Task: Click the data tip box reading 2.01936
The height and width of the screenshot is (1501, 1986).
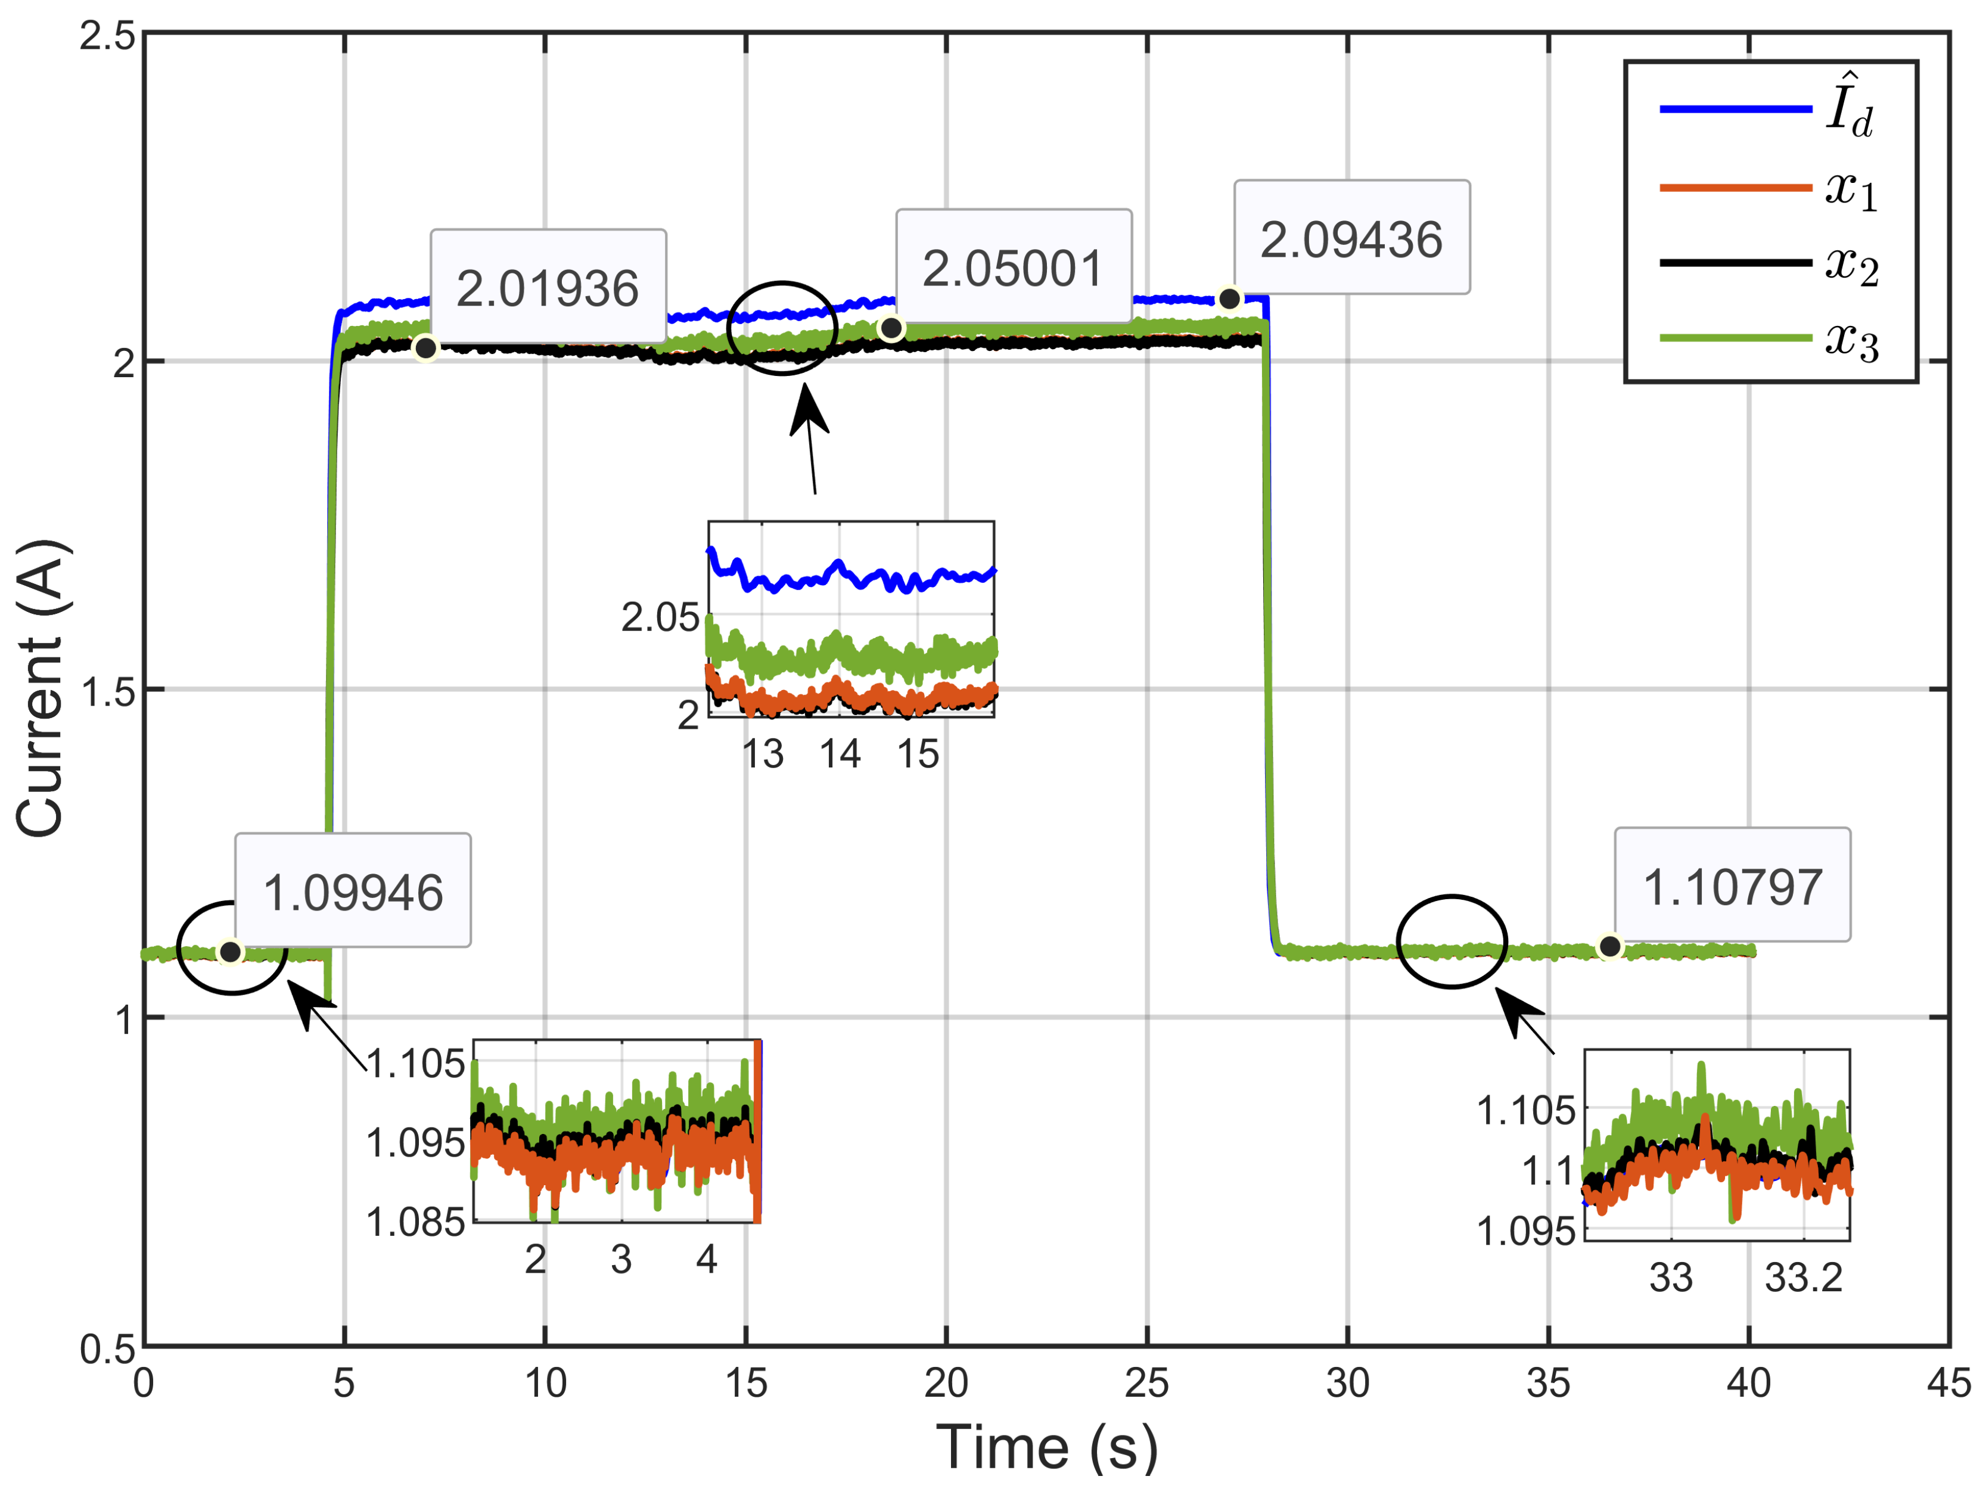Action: tap(548, 287)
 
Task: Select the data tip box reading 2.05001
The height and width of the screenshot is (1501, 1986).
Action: tap(1013, 266)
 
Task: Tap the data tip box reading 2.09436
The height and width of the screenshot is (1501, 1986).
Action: tap(1351, 237)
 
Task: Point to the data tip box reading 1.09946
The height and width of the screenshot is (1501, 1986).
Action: tap(353, 891)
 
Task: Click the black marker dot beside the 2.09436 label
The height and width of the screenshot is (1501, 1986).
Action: tap(1229, 298)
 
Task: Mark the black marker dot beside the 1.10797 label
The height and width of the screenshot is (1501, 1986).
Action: tap(1610, 946)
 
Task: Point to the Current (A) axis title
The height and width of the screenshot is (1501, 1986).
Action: tap(41, 689)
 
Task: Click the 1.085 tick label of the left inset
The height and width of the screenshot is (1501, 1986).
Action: tap(415, 1222)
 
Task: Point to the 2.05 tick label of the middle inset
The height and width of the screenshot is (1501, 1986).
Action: tap(659, 617)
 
